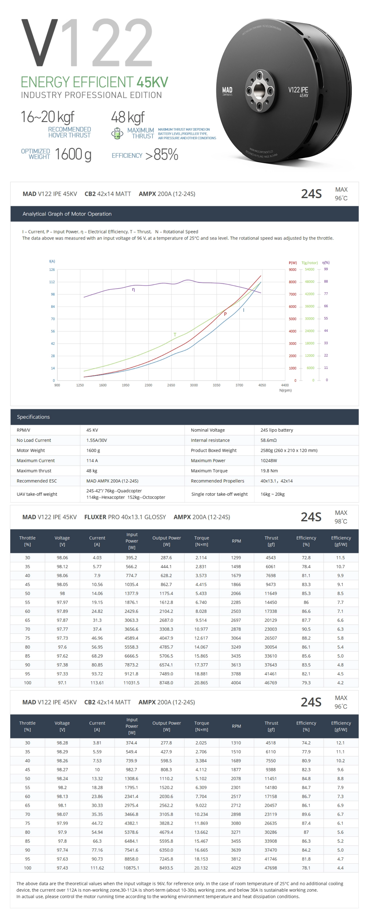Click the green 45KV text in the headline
152,82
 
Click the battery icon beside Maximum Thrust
117,133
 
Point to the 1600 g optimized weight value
73,154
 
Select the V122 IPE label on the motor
298,90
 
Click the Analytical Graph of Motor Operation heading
67,214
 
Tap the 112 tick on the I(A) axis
52,282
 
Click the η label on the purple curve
133,290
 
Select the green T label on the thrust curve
175,335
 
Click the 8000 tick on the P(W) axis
293,282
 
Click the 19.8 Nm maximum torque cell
269,471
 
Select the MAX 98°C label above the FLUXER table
341,517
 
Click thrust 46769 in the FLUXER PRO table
271,683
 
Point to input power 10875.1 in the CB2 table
131,868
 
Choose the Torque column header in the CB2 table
201,726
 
